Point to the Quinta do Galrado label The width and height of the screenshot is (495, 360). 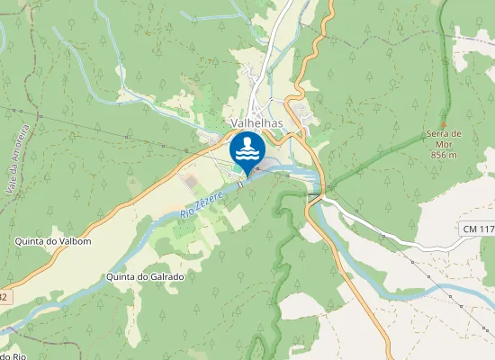click(x=145, y=277)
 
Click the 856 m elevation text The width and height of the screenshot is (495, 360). click(x=444, y=155)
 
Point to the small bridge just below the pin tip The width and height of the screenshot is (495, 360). click(x=241, y=184)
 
